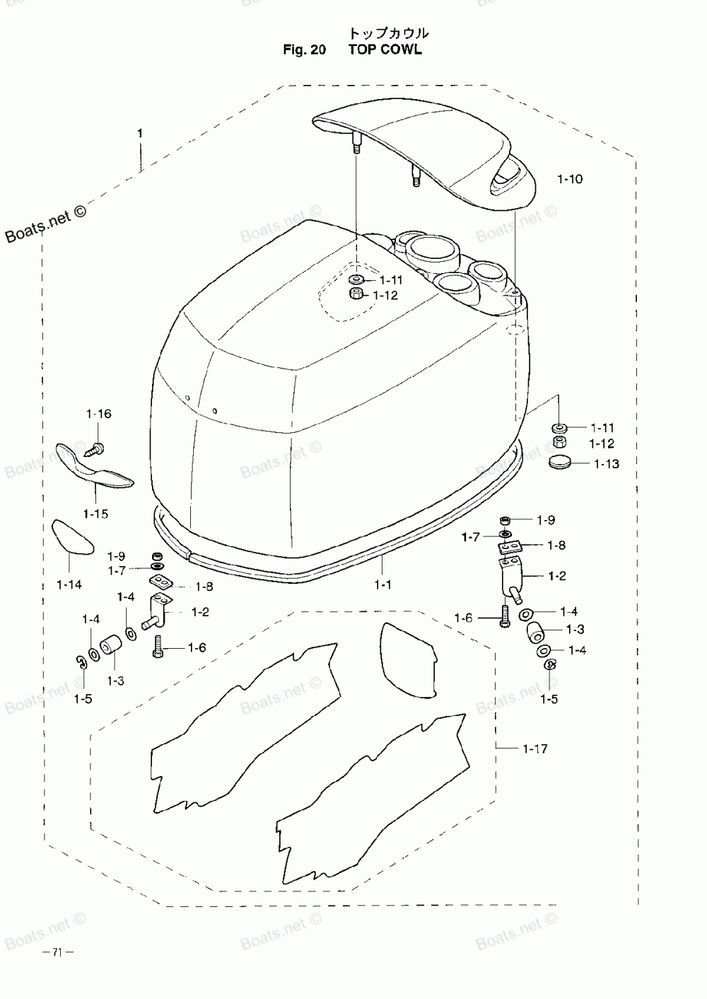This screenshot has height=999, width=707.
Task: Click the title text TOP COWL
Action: click(x=385, y=50)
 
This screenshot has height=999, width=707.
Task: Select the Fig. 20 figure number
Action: click(x=304, y=50)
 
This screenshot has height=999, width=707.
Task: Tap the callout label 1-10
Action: click(x=570, y=179)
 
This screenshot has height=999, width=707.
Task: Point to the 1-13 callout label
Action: click(x=606, y=464)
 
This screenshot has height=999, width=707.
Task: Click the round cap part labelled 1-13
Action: click(x=559, y=463)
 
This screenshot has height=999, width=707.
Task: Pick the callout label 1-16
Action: click(x=99, y=414)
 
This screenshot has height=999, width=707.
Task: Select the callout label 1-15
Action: click(x=95, y=514)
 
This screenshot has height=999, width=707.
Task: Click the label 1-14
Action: click(x=69, y=584)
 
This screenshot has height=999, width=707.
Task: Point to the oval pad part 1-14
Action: click(x=72, y=537)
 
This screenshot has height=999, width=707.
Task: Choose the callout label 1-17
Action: click(x=535, y=749)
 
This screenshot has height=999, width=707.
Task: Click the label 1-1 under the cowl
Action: click(x=382, y=584)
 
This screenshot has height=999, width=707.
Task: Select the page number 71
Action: click(x=58, y=952)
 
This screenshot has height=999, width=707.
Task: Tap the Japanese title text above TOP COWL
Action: click(x=388, y=33)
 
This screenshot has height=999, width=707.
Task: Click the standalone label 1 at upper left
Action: click(x=140, y=133)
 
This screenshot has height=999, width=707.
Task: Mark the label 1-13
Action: click(x=606, y=464)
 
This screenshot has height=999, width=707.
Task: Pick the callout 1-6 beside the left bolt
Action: click(x=197, y=647)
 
